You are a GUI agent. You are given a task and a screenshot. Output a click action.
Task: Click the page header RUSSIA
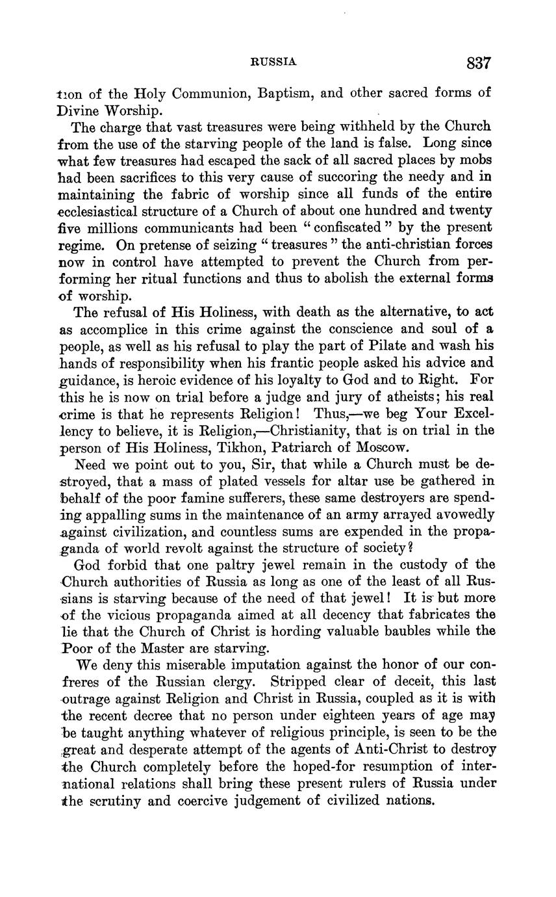pos(273,62)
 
